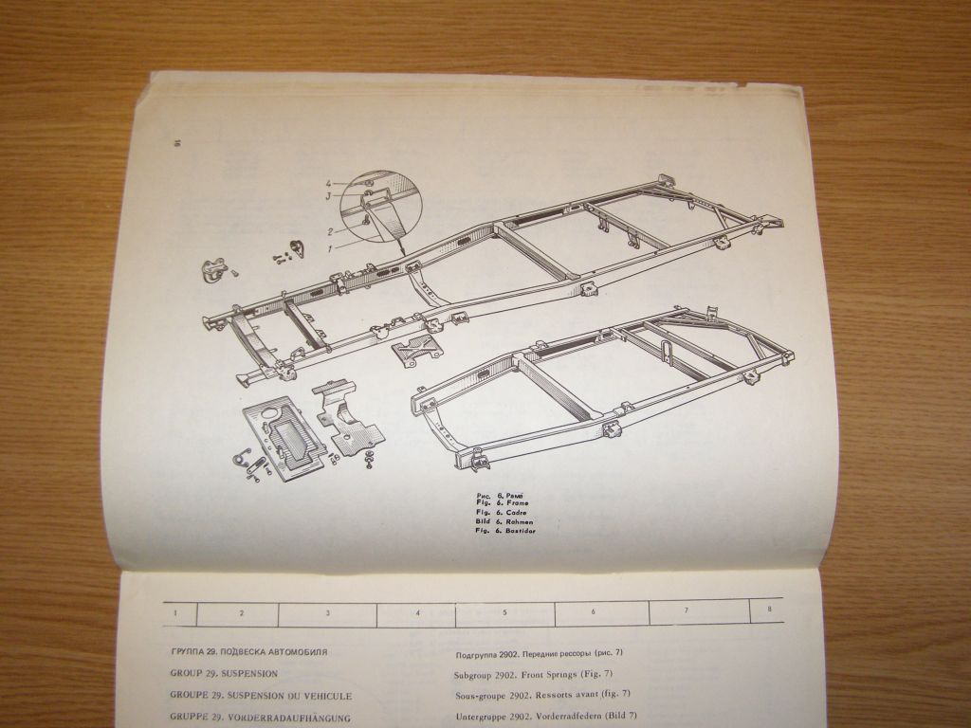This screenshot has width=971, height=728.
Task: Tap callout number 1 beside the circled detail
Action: pos(330,247)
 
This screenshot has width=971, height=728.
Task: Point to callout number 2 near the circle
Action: pos(330,231)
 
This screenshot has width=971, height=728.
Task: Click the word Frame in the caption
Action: pos(518,501)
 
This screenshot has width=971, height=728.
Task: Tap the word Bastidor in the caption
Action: pos(522,531)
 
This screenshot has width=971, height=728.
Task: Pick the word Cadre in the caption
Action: pos(518,512)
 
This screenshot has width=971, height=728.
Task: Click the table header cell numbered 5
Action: pos(504,612)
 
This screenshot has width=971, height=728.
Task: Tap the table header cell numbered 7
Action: pos(686,611)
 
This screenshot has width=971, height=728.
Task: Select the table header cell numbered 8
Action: pos(768,610)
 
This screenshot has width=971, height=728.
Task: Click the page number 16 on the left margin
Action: pos(176,143)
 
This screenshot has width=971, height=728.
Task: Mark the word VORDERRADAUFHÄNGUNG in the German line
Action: pos(288,718)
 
